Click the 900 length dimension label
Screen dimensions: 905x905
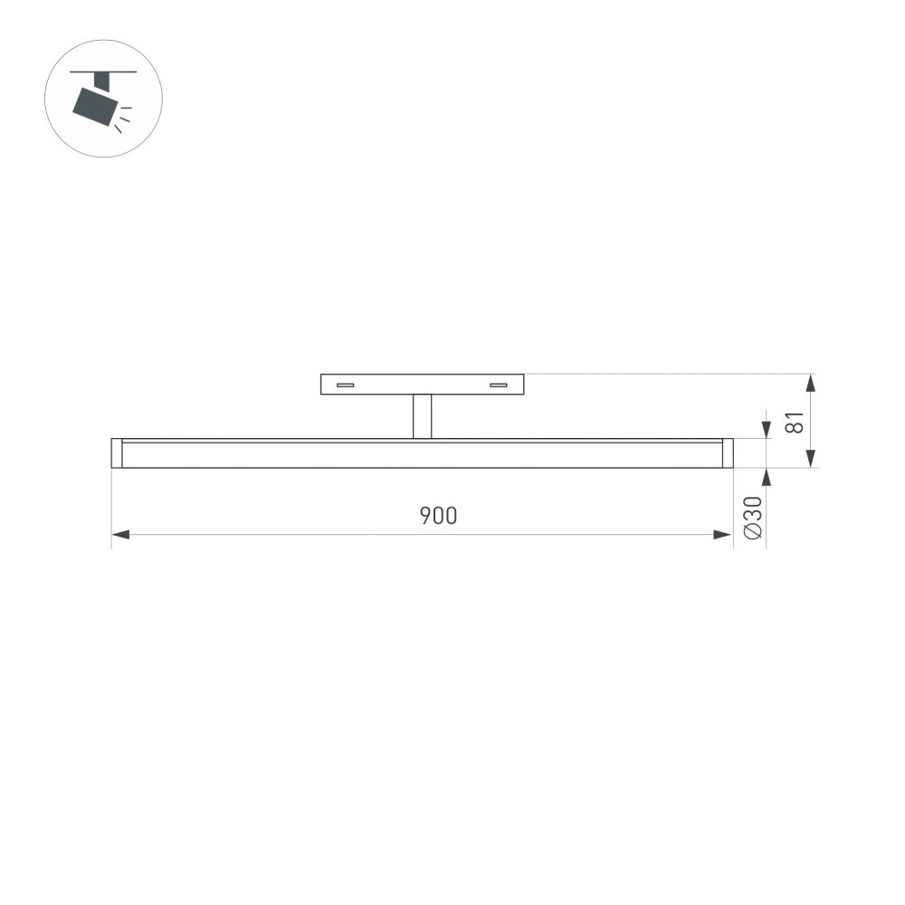pos(438,517)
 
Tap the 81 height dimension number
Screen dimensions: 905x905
pos(795,422)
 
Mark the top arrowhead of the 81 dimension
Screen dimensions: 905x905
pos(811,383)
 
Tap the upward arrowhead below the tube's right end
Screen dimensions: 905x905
pos(767,476)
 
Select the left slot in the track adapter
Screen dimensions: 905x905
pos(345,386)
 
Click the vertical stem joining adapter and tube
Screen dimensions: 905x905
pos(422,416)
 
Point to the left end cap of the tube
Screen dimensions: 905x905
pos(116,453)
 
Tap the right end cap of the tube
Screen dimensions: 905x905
pos(728,453)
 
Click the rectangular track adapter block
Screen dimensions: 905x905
pos(422,385)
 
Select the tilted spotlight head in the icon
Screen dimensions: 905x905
pos(95,107)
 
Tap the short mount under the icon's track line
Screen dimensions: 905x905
pos(101,81)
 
